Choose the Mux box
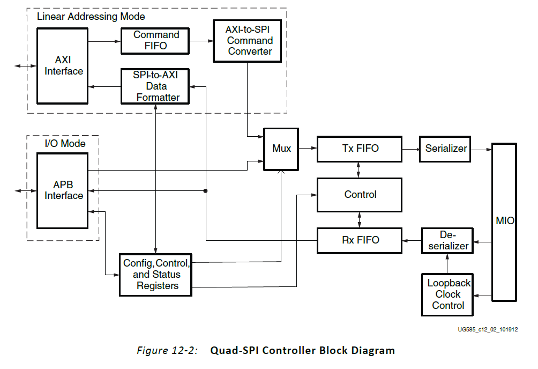click(281, 149)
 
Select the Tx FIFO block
click(360, 149)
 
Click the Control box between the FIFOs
click(360, 195)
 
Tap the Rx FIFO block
click(360, 240)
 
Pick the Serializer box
click(446, 149)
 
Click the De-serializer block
click(446, 240)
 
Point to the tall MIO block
click(504, 221)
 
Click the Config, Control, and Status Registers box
click(156, 274)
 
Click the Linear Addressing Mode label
click(84, 16)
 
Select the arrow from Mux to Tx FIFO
click(308, 149)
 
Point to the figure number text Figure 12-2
click(167, 351)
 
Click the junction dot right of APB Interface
click(206, 190)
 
